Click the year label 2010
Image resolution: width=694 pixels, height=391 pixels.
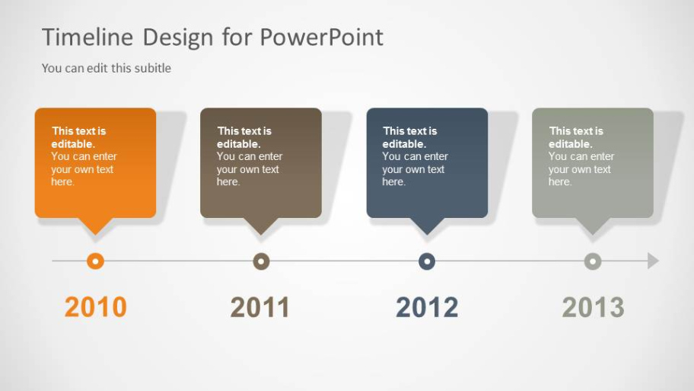[95, 307]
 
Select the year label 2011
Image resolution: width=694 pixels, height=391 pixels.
[260, 307]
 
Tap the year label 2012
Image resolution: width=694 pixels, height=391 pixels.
[427, 307]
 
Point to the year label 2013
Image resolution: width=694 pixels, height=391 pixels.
[593, 307]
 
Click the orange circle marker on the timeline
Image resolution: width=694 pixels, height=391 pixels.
[95, 261]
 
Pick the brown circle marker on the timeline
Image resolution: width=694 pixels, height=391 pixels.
[261, 261]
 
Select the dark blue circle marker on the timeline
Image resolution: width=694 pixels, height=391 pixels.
[427, 261]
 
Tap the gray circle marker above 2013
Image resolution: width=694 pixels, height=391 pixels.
[593, 261]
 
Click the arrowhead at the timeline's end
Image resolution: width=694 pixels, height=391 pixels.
[653, 261]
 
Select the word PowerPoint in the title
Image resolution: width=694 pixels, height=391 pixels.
[322, 37]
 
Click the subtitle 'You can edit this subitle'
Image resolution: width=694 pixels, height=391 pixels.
[107, 68]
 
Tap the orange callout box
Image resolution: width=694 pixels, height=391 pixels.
[95, 163]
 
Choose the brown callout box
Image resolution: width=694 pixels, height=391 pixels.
[261, 163]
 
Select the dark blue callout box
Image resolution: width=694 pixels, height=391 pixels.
[427, 163]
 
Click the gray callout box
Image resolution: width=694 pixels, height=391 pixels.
[593, 163]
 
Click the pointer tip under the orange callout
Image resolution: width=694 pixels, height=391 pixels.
[95, 231]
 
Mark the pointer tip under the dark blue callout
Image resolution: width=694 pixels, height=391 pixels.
[427, 231]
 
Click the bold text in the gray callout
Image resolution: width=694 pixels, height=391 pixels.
[575, 137]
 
